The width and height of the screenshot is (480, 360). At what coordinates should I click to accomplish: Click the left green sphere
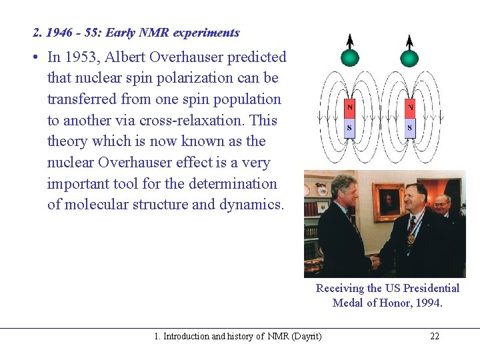click(x=350, y=57)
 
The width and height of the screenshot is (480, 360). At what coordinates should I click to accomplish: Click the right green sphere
click(x=410, y=57)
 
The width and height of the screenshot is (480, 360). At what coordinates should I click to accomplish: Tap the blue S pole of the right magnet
click(x=410, y=127)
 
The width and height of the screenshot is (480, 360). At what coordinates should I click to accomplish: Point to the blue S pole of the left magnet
click(x=350, y=127)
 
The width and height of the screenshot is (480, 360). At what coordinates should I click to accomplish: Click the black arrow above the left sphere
click(x=350, y=41)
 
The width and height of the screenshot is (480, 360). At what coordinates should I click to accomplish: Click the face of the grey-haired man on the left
click(x=344, y=190)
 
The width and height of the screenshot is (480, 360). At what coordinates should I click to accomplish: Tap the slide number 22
click(x=435, y=336)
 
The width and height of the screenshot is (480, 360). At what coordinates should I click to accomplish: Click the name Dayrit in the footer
click(x=306, y=336)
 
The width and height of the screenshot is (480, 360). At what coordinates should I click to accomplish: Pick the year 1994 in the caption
click(x=429, y=303)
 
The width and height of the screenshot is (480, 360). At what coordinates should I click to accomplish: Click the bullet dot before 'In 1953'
click(x=33, y=58)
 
